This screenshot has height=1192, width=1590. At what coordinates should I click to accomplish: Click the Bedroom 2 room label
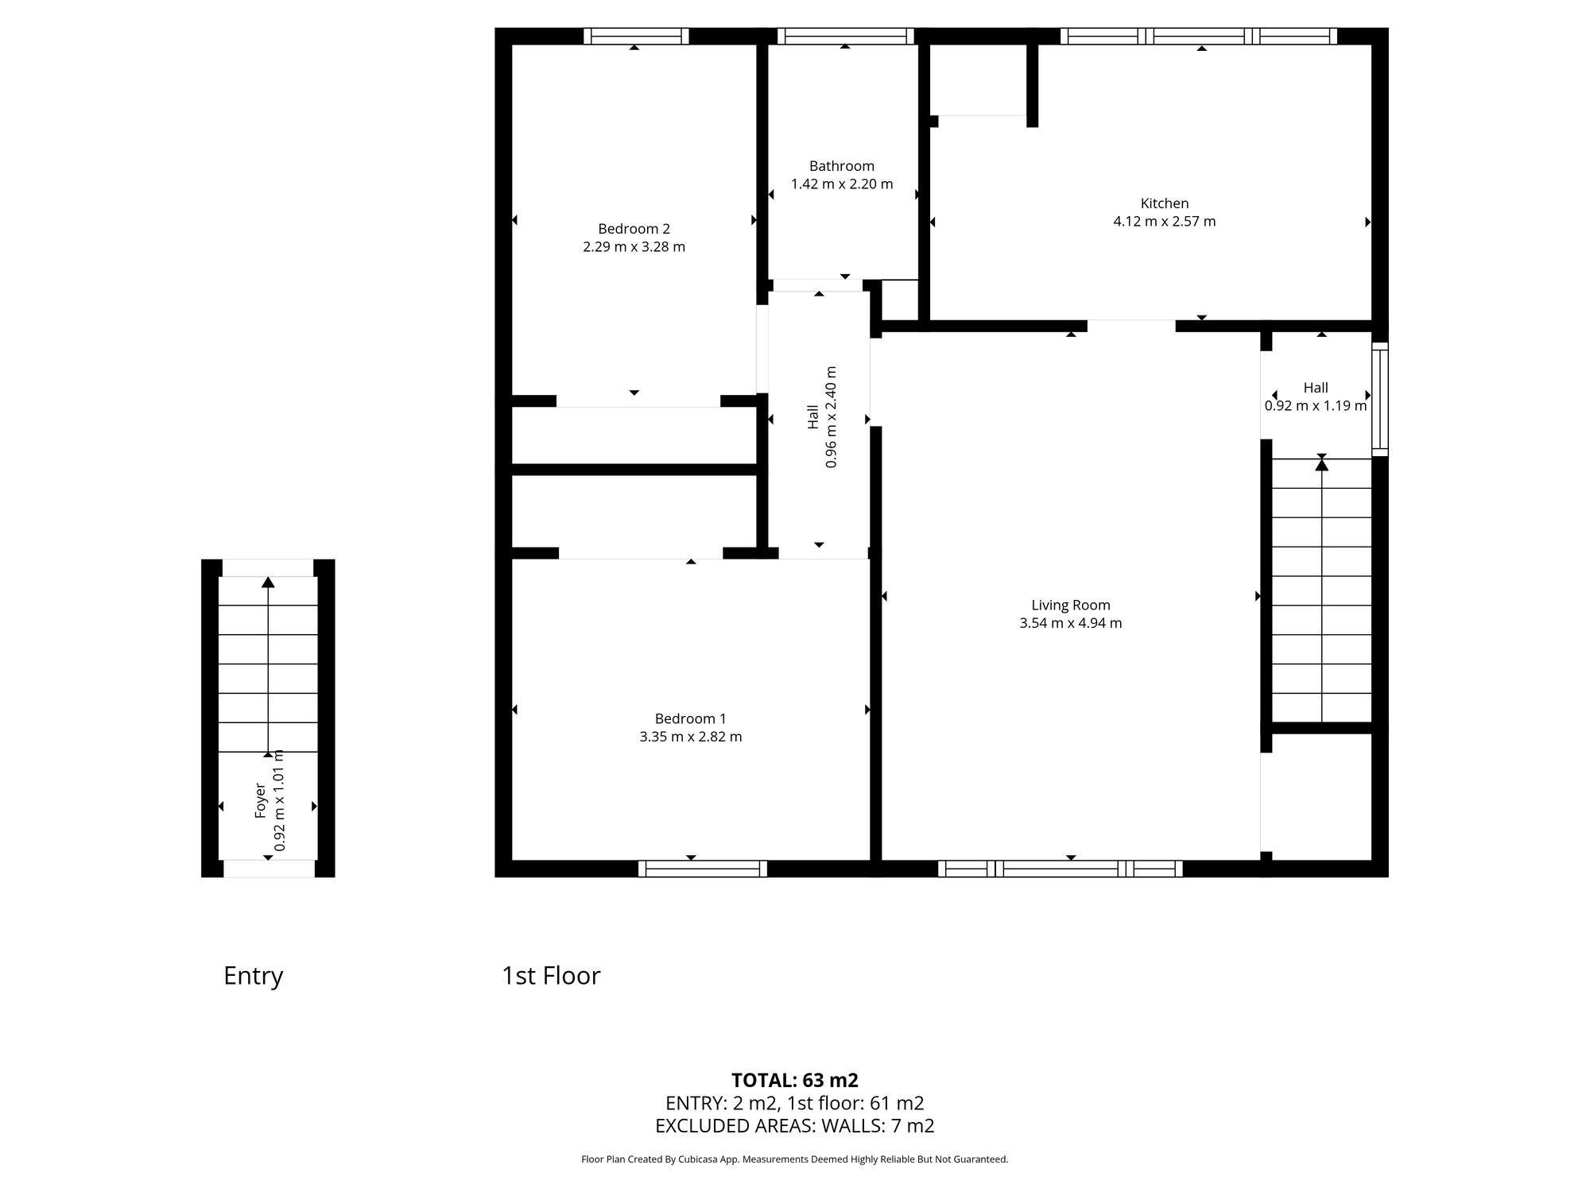click(x=634, y=229)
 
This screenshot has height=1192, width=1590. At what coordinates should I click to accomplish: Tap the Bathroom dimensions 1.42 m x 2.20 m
click(x=842, y=184)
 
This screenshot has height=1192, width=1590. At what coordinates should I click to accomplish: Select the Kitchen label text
click(x=1165, y=203)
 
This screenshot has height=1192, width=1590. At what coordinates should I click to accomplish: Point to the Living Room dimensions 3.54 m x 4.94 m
click(x=1071, y=623)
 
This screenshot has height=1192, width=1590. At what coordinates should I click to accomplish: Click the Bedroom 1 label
click(x=690, y=718)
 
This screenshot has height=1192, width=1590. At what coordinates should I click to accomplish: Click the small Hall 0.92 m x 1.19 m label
click(x=1316, y=397)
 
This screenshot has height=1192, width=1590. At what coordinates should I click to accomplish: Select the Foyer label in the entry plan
click(x=260, y=801)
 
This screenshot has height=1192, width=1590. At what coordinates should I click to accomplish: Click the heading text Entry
click(x=253, y=976)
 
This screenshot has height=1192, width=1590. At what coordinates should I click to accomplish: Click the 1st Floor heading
click(x=550, y=976)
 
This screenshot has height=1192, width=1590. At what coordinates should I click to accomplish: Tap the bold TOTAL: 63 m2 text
click(x=794, y=1081)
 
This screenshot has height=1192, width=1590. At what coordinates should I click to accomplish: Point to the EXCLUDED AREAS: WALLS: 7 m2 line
click(x=794, y=1126)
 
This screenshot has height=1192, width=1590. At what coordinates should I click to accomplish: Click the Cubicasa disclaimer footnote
click(x=794, y=1159)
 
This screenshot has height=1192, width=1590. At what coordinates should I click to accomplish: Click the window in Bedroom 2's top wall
click(x=636, y=36)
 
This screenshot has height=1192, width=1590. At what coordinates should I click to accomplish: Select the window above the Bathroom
click(x=845, y=36)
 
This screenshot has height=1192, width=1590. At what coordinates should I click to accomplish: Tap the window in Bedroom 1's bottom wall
click(x=703, y=869)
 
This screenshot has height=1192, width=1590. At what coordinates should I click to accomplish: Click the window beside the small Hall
click(x=1381, y=399)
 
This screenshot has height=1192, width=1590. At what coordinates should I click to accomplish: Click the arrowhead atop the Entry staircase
click(x=268, y=582)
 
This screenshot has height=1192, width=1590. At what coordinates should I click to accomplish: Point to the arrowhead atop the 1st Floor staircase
click(x=1321, y=464)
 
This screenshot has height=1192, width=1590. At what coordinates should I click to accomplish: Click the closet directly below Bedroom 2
click(x=634, y=435)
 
